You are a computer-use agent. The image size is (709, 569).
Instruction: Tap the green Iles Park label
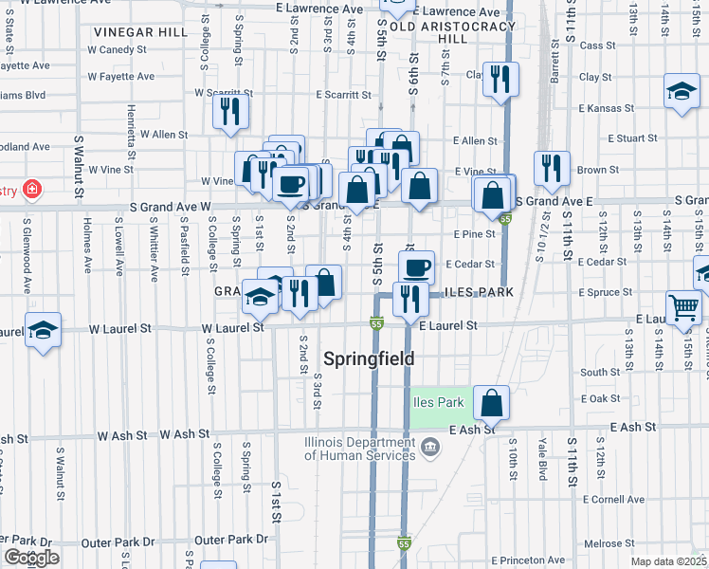click(x=438, y=402)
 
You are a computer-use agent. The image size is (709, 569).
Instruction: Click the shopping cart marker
click(x=683, y=307)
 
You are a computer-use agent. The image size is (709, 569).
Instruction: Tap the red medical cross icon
click(x=33, y=190)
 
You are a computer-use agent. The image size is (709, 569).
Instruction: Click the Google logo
click(x=31, y=558)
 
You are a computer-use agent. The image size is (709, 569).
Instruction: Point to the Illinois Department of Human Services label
click(x=358, y=448)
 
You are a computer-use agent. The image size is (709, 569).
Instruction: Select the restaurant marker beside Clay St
click(x=500, y=79)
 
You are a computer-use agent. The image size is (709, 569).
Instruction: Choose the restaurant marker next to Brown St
click(x=552, y=168)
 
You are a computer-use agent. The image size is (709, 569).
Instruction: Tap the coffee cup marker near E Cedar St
click(x=415, y=266)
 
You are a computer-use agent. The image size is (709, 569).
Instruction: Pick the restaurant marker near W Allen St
click(x=230, y=111)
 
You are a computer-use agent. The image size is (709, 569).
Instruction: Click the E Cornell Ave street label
click(x=614, y=499)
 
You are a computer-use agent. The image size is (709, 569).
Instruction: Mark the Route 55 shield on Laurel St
click(x=376, y=324)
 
